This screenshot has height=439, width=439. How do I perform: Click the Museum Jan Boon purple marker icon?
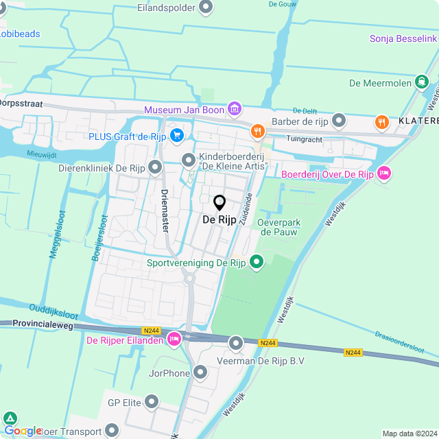[235, 109]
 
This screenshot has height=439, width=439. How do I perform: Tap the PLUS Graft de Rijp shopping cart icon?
[177, 136]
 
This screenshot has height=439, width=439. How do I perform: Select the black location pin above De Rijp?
[219, 203]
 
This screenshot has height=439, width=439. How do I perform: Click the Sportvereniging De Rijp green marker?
[257, 262]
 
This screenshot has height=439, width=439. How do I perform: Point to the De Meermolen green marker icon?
[422, 83]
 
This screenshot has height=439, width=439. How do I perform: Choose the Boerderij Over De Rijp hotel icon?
[383, 174]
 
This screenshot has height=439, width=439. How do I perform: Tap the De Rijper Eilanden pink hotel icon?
[175, 339]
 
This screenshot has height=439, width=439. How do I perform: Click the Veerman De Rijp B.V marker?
[236, 343]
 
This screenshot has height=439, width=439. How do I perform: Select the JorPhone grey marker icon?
[200, 373]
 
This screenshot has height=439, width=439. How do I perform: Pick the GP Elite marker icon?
[152, 402]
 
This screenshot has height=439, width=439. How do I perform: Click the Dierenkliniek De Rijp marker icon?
[155, 167]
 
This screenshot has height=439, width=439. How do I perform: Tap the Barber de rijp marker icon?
[338, 122]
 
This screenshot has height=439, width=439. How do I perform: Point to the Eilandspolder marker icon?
[206, 8]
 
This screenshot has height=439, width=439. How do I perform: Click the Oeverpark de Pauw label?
[280, 227]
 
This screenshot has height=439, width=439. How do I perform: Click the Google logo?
[23, 430]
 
